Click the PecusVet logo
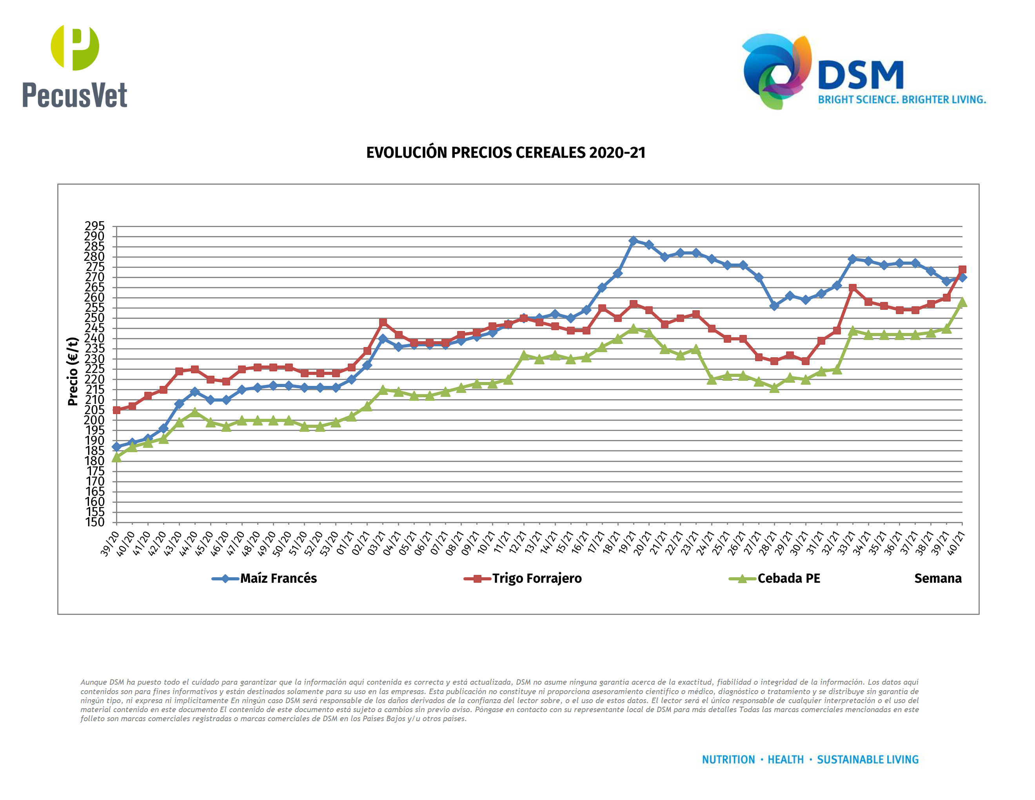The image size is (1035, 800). coord(75,66)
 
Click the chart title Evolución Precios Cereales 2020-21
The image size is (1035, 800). coord(506,153)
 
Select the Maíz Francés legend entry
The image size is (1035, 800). coord(278,579)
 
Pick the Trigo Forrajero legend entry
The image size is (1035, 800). coord(536,579)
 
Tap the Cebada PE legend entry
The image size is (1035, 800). coord(788,579)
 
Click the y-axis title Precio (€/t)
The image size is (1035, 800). coord(73,371)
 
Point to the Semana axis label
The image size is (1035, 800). coord(937,579)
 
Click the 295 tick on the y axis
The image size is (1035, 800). coord(94,226)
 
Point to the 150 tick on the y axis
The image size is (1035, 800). coord(94,522)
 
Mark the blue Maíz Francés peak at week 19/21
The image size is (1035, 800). coord(633,241)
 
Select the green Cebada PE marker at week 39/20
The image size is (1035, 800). coord(116,457)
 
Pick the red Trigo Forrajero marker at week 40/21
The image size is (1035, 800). coord(962,269)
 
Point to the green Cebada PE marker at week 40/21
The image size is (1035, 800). coord(962,302)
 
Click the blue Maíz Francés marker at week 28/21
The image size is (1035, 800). coord(774,306)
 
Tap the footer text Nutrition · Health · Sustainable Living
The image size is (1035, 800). coord(810,760)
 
